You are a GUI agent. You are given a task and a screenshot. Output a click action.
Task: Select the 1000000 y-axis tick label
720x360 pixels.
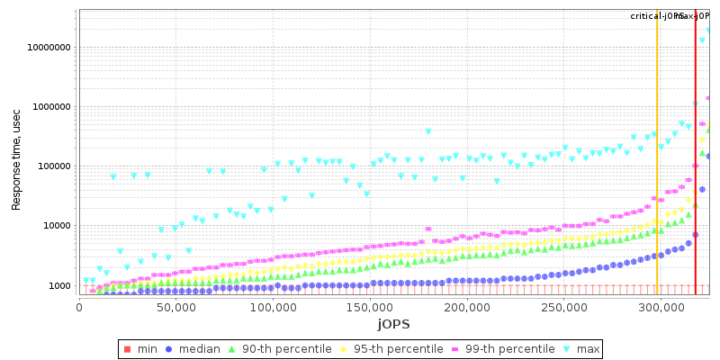[x=49, y=107]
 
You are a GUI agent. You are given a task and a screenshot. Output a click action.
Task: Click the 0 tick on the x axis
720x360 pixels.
[x=79, y=308]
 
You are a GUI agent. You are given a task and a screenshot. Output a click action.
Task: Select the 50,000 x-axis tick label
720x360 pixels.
[x=175, y=308]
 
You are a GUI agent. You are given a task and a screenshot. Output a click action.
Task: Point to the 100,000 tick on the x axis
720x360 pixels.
[x=273, y=308]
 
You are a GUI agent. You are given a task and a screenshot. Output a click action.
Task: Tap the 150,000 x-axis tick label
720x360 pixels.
[x=370, y=308]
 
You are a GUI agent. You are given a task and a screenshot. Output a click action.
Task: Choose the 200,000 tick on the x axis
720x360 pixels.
[x=466, y=308]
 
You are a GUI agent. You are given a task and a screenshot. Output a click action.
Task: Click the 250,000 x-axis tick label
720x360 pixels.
[x=563, y=308]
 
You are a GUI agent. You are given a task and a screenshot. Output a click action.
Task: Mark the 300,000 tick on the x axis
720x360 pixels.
[x=660, y=308]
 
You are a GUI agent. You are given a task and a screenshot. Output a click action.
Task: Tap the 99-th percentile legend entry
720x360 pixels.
[x=504, y=348]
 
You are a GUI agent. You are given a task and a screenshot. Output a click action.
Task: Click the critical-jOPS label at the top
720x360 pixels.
[x=657, y=16]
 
